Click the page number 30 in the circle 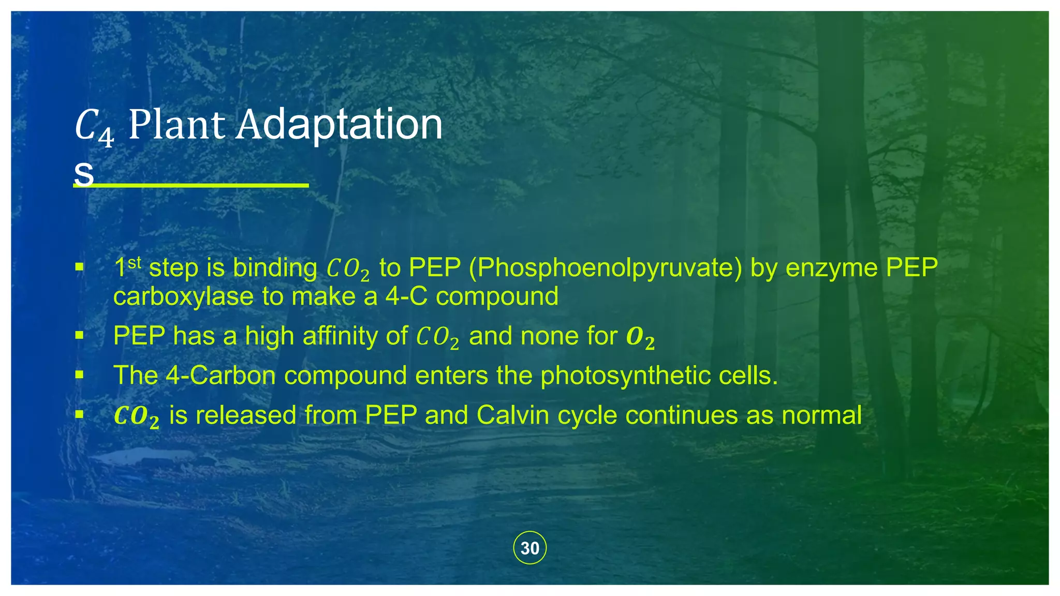tap(529, 548)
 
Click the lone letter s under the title tap(84, 174)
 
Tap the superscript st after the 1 tap(135, 262)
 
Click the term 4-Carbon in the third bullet tap(220, 376)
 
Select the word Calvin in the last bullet tap(509, 415)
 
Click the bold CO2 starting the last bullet tap(136, 416)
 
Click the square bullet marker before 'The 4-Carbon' tap(79, 375)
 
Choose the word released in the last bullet tap(246, 415)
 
